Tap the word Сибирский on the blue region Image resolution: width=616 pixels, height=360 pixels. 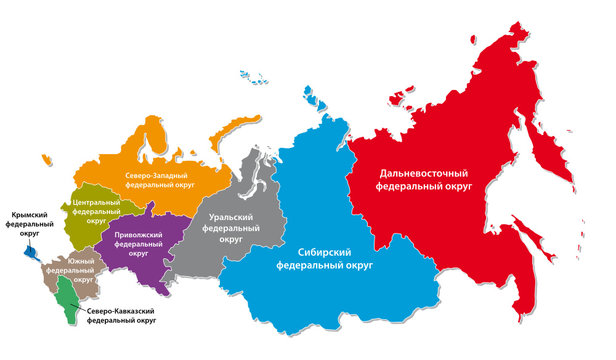311,253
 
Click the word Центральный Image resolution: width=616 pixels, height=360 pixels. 97,202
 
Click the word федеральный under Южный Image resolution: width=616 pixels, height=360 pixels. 71,270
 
